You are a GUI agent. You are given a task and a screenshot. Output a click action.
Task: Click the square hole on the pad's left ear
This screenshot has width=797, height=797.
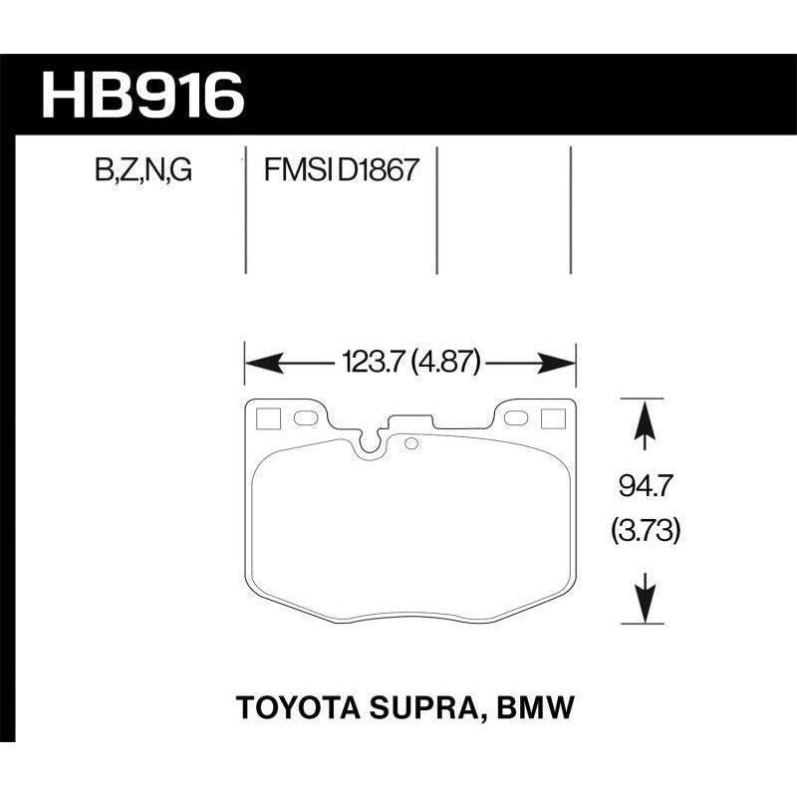click(x=267, y=418)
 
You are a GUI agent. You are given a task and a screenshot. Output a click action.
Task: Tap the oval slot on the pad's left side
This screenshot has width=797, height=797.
click(x=306, y=417)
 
